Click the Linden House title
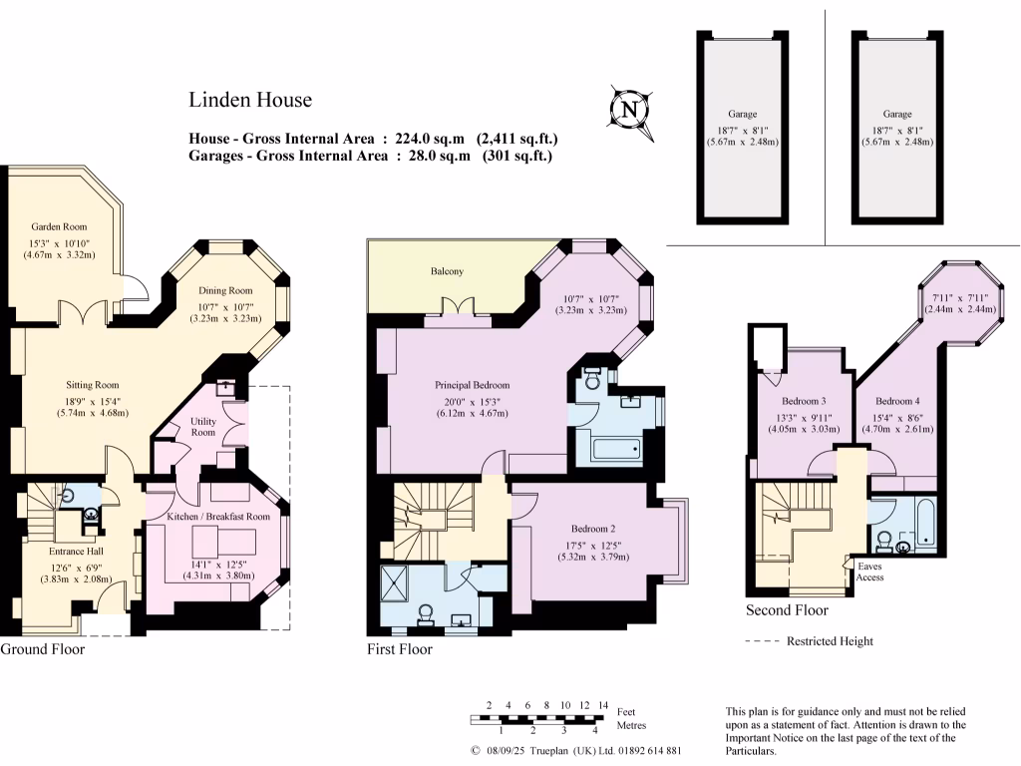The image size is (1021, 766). (250, 100)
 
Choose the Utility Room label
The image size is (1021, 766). (202, 427)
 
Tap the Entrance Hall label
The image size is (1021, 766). (77, 551)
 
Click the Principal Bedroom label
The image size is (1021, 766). (472, 385)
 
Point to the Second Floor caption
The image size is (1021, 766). (786, 610)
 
